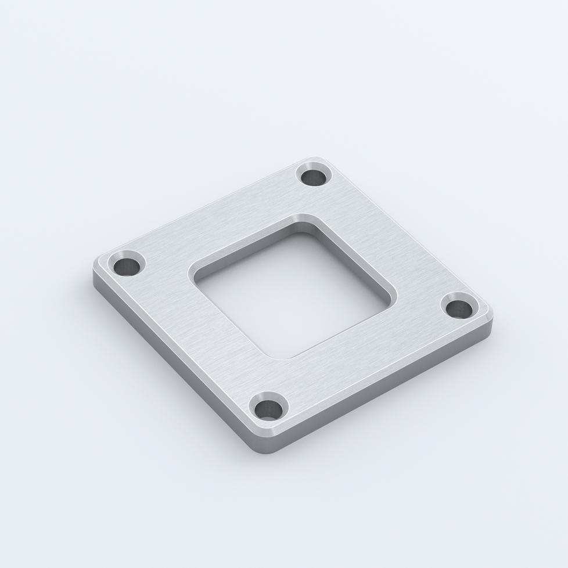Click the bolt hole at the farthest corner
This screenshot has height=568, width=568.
[314, 175]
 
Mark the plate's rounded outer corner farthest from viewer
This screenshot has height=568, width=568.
[317, 159]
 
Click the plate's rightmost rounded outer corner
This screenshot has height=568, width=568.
[489, 314]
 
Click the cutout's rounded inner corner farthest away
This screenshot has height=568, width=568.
[303, 220]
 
